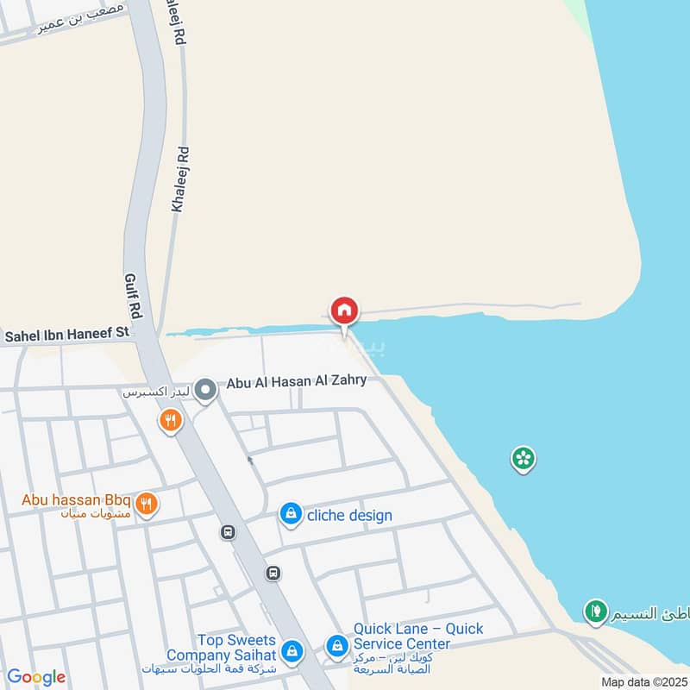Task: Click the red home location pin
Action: pyautogui.click(x=344, y=311)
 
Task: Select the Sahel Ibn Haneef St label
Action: pyautogui.click(x=66, y=332)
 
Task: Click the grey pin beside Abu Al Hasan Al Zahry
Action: pyautogui.click(x=205, y=392)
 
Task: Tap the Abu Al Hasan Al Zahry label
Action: pyautogui.click(x=296, y=381)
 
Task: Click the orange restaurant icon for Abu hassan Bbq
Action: pyautogui.click(x=147, y=504)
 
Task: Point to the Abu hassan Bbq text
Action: pyautogui.click(x=76, y=499)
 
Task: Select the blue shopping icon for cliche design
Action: pyautogui.click(x=291, y=515)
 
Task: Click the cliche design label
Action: pyautogui.click(x=349, y=516)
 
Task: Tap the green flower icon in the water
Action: pyautogui.click(x=523, y=458)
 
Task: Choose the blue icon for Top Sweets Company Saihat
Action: pyautogui.click(x=292, y=649)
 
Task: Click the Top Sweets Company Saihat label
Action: pyautogui.click(x=235, y=648)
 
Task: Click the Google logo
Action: pyautogui.click(x=36, y=677)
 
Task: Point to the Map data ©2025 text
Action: pyautogui.click(x=643, y=681)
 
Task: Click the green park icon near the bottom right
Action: pyautogui.click(x=595, y=612)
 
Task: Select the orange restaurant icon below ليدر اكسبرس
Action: pyautogui.click(x=171, y=421)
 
